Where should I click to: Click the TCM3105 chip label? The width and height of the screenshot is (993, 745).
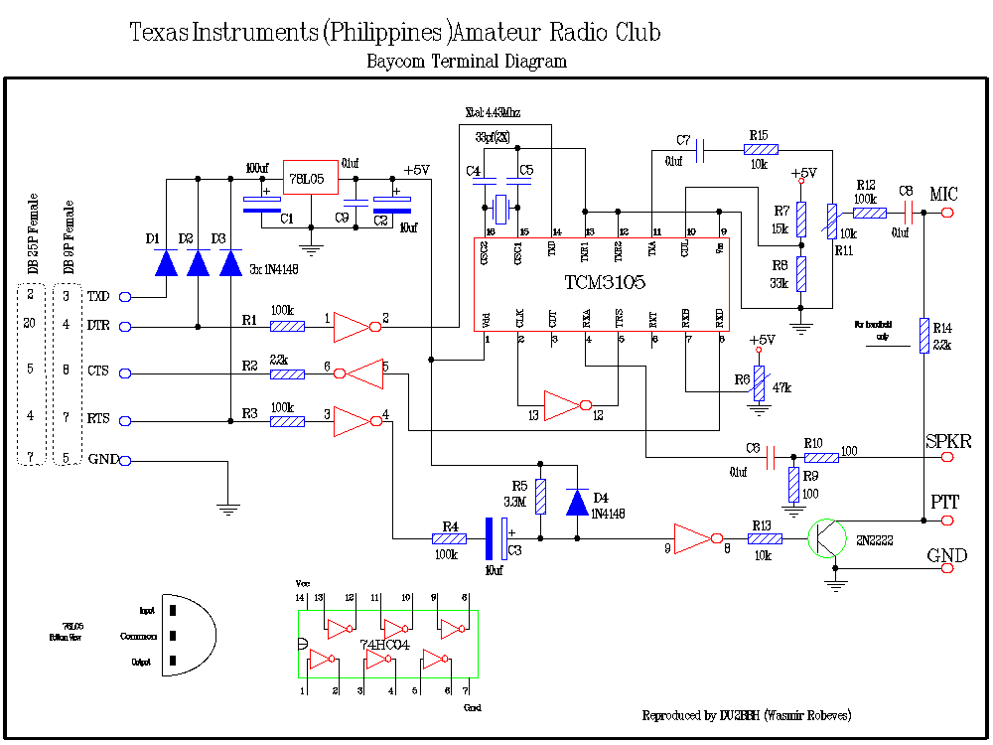click(x=605, y=283)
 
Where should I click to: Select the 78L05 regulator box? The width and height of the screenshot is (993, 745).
click(x=310, y=179)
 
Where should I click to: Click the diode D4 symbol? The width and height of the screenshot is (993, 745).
click(x=577, y=502)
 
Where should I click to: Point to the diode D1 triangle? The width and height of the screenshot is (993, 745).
click(x=166, y=263)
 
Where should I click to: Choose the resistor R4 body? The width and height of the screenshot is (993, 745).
click(x=449, y=539)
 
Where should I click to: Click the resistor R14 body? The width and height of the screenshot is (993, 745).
click(x=923, y=335)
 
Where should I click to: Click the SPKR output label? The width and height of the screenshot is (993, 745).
click(x=948, y=441)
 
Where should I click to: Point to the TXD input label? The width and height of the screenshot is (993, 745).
click(x=98, y=296)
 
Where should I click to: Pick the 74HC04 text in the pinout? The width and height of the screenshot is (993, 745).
click(x=384, y=645)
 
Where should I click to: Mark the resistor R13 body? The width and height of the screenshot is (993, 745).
click(x=765, y=539)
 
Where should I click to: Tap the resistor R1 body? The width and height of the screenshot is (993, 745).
click(x=287, y=326)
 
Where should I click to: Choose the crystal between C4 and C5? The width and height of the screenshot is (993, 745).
click(x=501, y=209)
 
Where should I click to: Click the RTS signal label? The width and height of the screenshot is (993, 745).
click(x=98, y=419)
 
